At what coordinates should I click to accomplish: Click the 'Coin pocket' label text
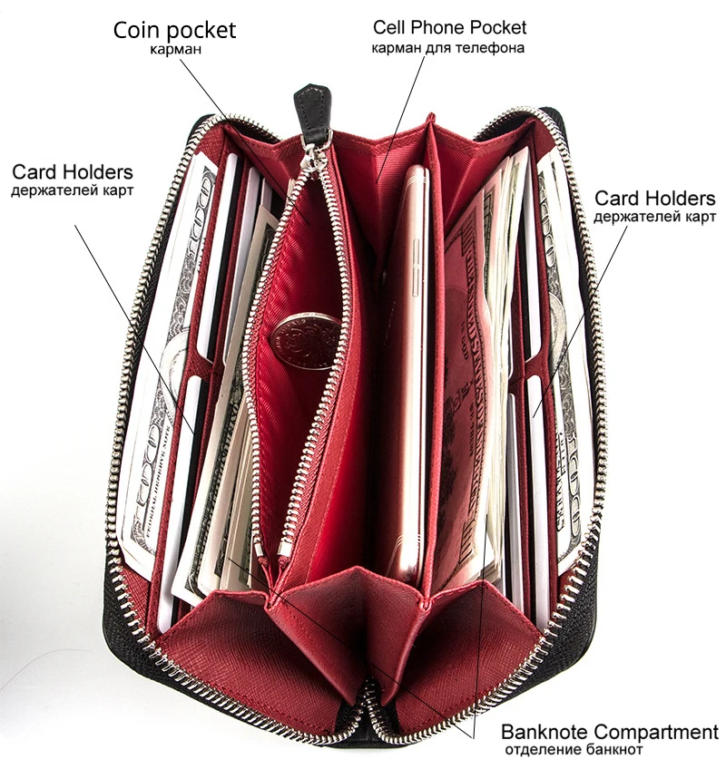click(x=174, y=30)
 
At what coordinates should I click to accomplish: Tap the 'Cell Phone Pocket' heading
click(x=449, y=28)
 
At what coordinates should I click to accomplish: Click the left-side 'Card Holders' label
click(x=73, y=172)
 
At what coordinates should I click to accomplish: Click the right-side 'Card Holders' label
click(x=654, y=199)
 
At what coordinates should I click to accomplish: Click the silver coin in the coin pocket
click(x=305, y=341)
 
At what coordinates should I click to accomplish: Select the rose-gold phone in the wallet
click(x=405, y=363)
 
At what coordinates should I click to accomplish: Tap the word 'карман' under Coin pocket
click(x=175, y=49)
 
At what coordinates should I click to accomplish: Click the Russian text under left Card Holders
click(x=73, y=191)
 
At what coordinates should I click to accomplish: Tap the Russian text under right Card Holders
click(x=654, y=218)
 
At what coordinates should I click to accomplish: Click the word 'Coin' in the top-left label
click(x=136, y=30)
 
